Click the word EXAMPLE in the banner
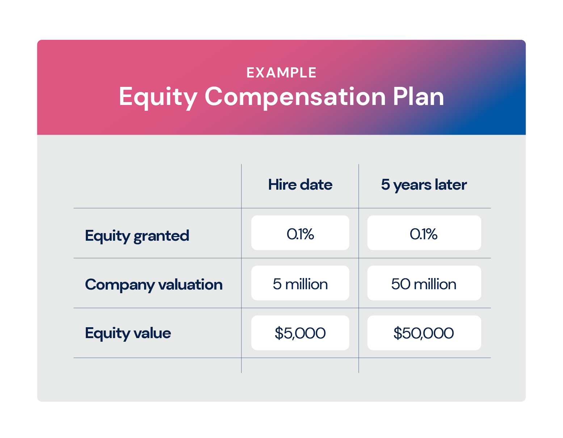tap(281, 72)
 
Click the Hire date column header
tap(300, 185)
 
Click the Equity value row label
tap(128, 333)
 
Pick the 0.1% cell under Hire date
tap(300, 233)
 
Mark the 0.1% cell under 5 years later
tap(424, 233)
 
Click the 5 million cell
tap(300, 283)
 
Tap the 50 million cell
tap(424, 283)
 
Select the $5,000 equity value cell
tap(300, 333)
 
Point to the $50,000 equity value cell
tap(424, 333)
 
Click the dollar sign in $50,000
tap(398, 333)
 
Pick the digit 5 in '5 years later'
tap(386, 184)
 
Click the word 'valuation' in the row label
tap(190, 284)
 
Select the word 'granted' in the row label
tap(161, 236)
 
